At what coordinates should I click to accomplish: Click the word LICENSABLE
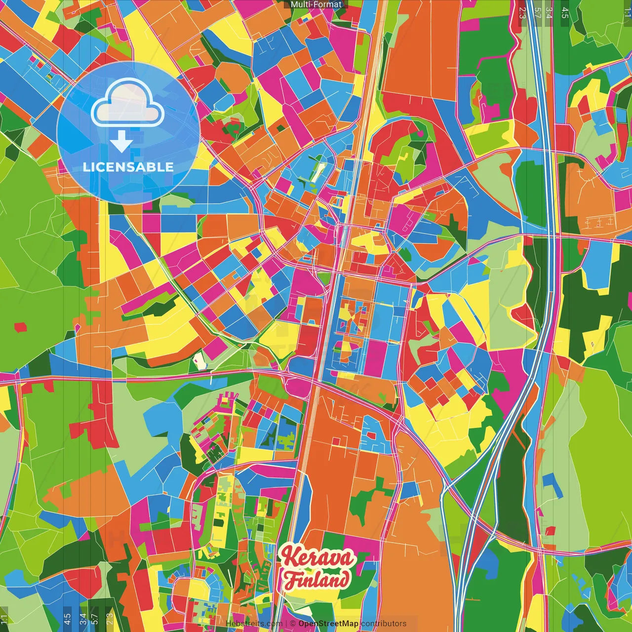click(128, 167)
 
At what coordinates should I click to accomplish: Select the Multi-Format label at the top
click(316, 4)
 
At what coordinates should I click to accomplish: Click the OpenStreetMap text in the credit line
click(328, 624)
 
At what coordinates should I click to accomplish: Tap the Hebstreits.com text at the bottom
click(254, 624)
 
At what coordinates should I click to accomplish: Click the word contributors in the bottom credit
click(384, 624)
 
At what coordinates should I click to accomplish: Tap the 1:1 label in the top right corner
click(627, 12)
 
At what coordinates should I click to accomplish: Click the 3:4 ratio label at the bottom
click(82, 619)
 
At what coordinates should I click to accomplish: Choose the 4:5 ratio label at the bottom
click(67, 619)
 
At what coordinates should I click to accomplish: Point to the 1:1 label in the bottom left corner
click(4, 619)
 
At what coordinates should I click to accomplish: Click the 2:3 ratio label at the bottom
click(109, 619)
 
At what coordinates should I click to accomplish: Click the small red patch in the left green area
click(20, 327)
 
